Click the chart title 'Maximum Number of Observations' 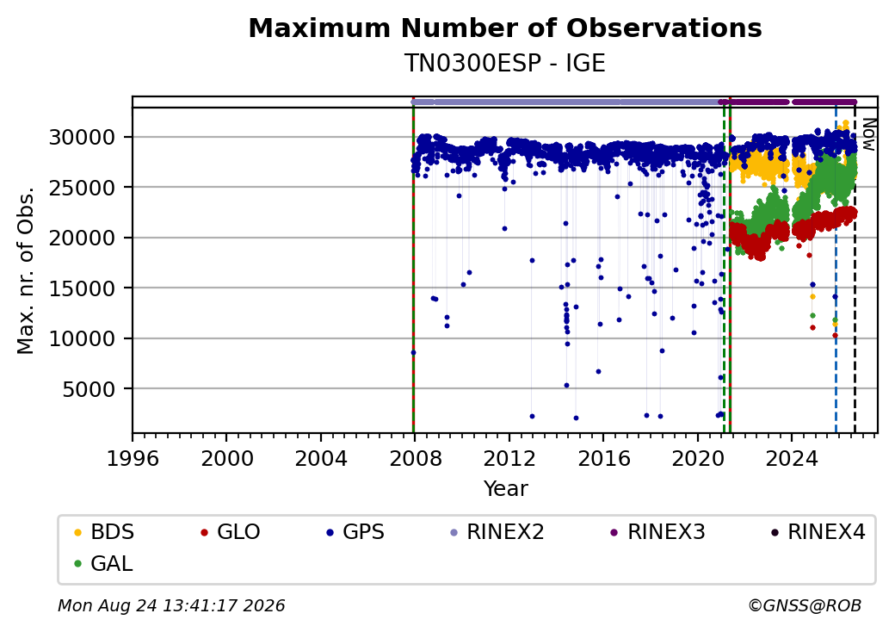pyautogui.click(x=505, y=28)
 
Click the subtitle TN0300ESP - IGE pyautogui.click(x=505, y=63)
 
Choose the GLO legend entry pyautogui.click(x=231, y=532)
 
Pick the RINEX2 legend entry pyautogui.click(x=497, y=532)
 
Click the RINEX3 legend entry pyautogui.click(x=658, y=532)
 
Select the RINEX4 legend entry pyautogui.click(x=818, y=532)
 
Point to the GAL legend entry pyautogui.click(x=103, y=563)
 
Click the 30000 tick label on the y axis pyautogui.click(x=83, y=138)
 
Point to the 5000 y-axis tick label pyautogui.click(x=89, y=389)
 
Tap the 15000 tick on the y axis pyautogui.click(x=83, y=288)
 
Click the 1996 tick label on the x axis pyautogui.click(x=133, y=458)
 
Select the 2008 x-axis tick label pyautogui.click(x=415, y=458)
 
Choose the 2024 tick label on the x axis pyautogui.click(x=792, y=458)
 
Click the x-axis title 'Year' pyautogui.click(x=506, y=489)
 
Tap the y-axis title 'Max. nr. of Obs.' pyautogui.click(x=26, y=270)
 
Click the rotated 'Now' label pyautogui.click(x=868, y=134)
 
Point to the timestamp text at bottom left pyautogui.click(x=171, y=605)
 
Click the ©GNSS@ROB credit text pyautogui.click(x=805, y=605)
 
